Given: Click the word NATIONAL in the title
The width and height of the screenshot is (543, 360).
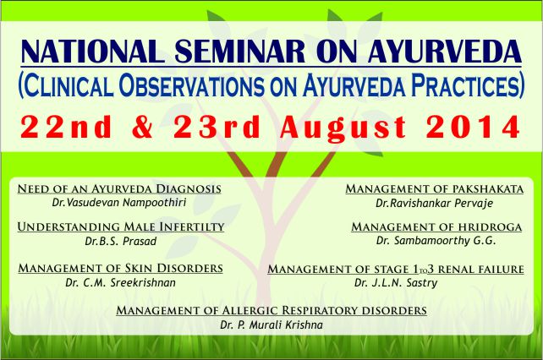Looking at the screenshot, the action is [92, 52].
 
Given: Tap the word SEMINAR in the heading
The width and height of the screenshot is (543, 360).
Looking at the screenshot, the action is [239, 52].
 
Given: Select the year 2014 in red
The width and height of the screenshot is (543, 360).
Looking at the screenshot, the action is [473, 127].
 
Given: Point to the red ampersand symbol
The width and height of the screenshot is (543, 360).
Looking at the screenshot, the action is [142, 127].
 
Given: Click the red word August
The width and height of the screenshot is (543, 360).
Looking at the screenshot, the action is [343, 128].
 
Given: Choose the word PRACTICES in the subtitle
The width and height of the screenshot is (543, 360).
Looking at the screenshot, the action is [467, 85].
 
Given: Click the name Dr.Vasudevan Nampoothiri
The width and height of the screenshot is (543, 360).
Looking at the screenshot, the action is [119, 202].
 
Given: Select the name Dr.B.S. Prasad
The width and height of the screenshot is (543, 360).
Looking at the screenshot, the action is [120, 241].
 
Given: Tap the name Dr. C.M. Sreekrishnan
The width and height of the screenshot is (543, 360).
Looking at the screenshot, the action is [120, 282].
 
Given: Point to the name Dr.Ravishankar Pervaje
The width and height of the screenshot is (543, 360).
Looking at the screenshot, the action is [434, 203].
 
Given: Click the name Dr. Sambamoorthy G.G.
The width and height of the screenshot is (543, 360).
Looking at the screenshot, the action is [436, 241].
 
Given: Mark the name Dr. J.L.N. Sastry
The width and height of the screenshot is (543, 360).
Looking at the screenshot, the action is [396, 283].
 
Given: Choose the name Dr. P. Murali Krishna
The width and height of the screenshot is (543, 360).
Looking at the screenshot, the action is [271, 325].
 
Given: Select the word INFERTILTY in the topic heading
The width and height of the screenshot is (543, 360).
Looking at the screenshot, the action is [192, 226].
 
